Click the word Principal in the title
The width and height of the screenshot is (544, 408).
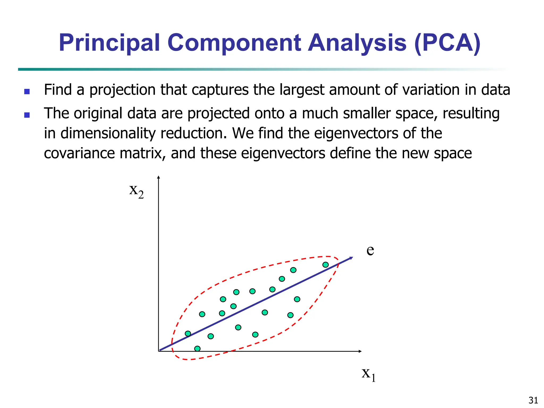coord(109,43)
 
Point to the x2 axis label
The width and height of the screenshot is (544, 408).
coord(136,191)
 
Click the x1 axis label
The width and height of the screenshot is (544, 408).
coord(368,374)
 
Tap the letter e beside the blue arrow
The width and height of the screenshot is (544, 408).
coord(370,250)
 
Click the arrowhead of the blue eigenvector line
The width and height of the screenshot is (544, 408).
coord(351,258)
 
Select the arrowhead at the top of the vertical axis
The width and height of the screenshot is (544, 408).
coord(159,177)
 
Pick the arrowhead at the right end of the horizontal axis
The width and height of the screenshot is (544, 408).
coord(360,351)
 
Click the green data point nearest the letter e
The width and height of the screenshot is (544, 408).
coord(325,265)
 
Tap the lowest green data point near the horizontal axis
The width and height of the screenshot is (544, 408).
coord(197,348)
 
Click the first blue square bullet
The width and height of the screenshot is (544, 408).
coord(27,91)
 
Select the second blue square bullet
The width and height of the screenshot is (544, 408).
coord(27,115)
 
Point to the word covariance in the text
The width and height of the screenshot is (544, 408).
coord(79,154)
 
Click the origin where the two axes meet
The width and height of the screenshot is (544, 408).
coord(159,351)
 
